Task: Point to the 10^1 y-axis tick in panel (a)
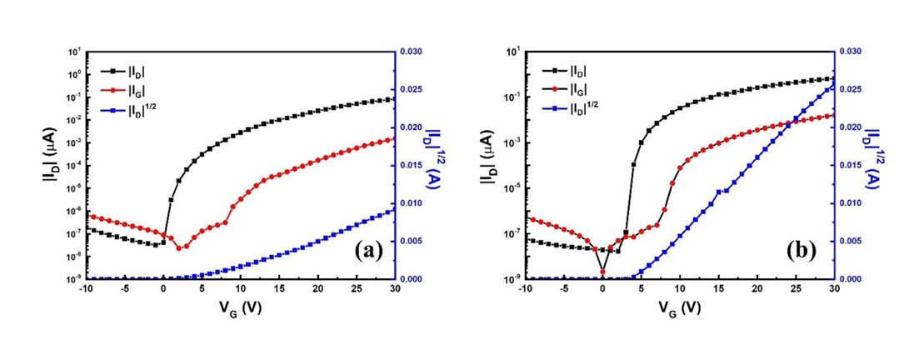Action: click(x=73, y=52)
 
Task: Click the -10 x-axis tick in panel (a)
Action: click(x=85, y=288)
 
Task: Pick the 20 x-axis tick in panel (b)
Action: click(x=757, y=288)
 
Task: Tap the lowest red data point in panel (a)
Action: click(x=179, y=247)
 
